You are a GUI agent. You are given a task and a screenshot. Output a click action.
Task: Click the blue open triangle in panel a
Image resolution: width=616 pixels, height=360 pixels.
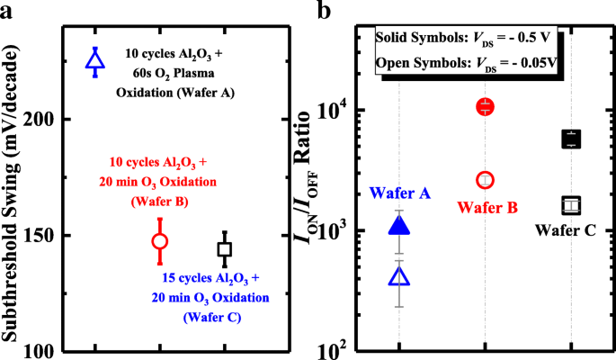95,61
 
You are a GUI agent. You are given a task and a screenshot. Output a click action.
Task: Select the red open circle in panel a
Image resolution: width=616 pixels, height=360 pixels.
160,241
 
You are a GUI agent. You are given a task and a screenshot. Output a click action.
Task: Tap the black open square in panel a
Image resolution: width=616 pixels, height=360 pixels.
225,249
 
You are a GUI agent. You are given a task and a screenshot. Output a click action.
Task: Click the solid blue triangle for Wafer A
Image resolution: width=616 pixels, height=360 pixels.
398,226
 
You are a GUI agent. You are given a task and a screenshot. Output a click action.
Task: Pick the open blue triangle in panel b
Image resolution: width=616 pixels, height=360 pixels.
398,277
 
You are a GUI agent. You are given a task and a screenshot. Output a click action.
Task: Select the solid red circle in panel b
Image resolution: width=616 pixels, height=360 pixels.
486,107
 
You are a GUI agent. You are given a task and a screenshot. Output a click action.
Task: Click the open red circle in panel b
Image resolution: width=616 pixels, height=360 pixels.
486,180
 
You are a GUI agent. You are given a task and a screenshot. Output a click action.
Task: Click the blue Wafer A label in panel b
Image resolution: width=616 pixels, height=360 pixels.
400,193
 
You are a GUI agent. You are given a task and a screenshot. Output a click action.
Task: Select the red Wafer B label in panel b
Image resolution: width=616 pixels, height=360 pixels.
487,208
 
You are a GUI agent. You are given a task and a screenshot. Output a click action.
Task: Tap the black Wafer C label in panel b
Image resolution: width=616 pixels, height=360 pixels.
566,230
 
